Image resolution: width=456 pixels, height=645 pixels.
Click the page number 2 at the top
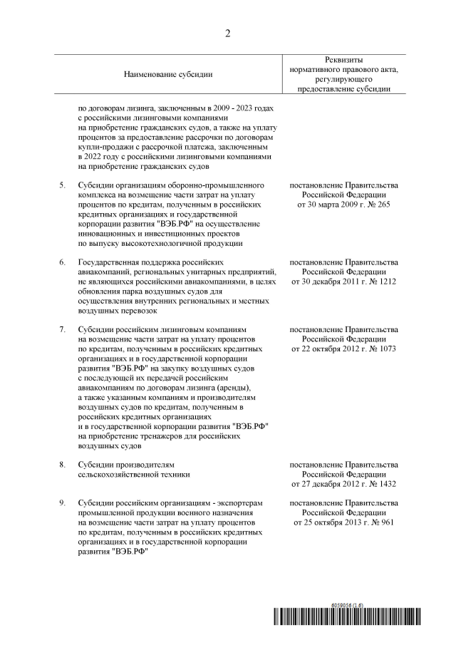[x=227, y=33]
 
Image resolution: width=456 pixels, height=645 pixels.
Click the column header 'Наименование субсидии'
[x=168, y=74]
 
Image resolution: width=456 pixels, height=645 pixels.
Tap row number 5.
[x=62, y=185]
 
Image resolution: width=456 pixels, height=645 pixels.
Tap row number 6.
[x=62, y=262]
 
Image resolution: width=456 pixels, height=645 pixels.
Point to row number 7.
[x=62, y=330]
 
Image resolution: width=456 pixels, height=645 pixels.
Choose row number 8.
[x=62, y=465]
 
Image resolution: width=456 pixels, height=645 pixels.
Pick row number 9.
[x=62, y=504]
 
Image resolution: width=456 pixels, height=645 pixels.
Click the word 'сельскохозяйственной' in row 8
[x=120, y=474]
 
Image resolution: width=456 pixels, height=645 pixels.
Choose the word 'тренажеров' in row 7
[x=160, y=436]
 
